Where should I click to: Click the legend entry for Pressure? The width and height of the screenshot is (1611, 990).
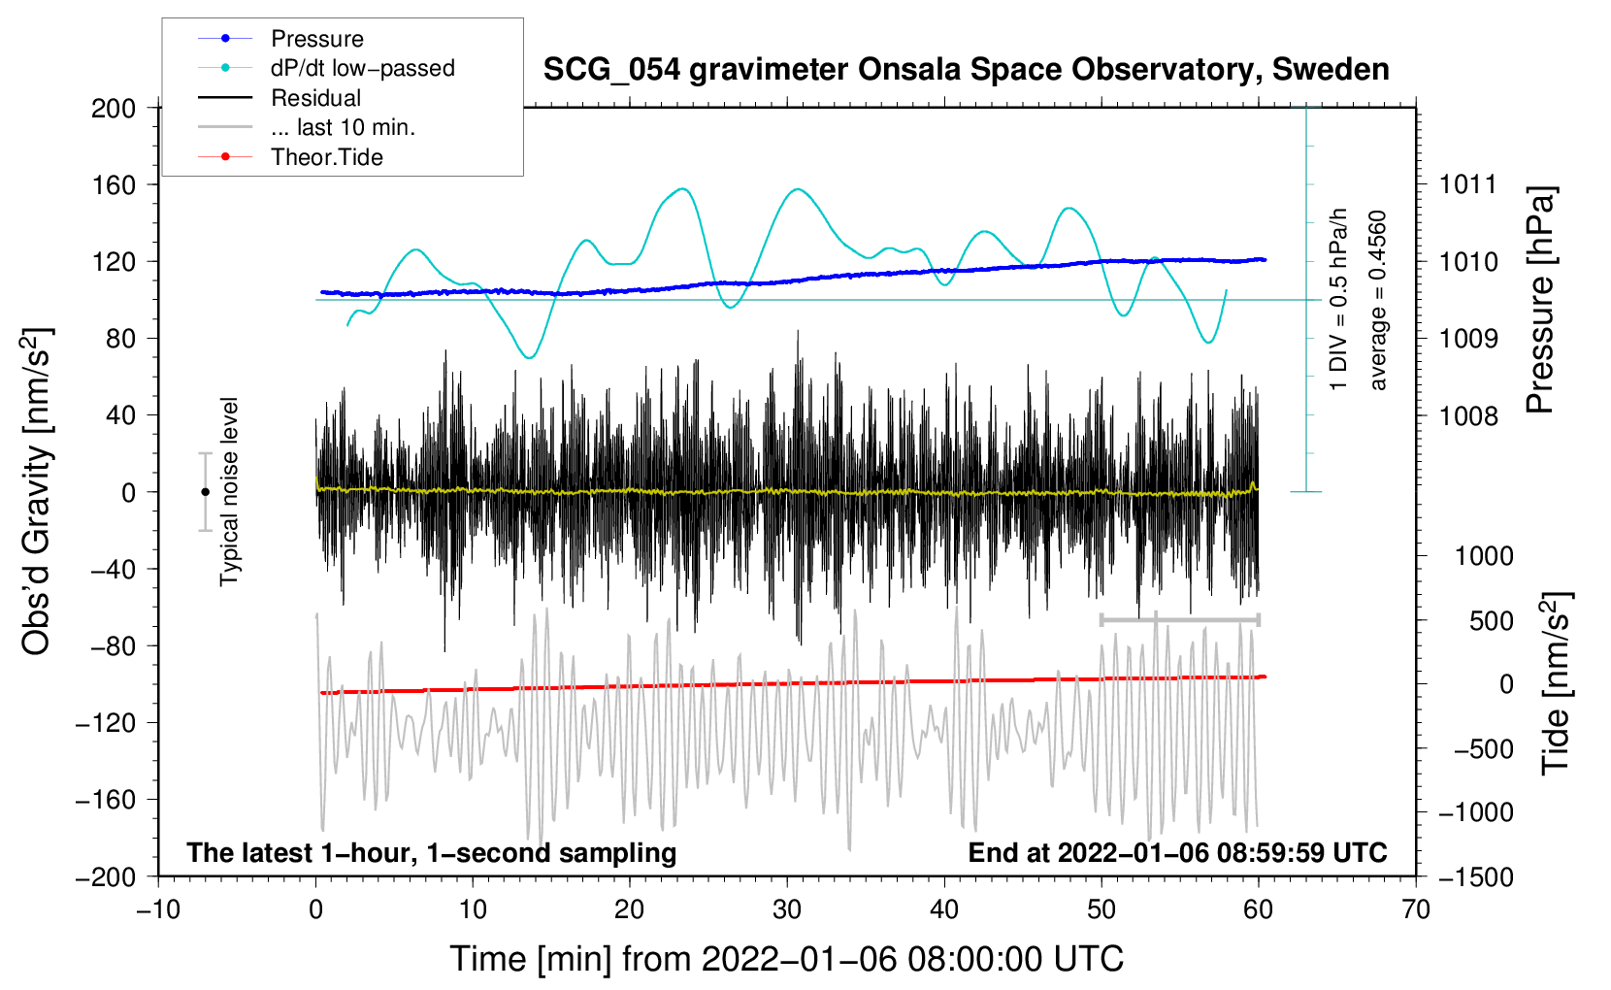click(x=316, y=39)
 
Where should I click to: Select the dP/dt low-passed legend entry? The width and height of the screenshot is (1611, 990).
click(x=362, y=68)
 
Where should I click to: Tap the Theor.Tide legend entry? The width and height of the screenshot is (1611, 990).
click(x=326, y=157)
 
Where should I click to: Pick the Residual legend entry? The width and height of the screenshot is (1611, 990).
click(x=315, y=98)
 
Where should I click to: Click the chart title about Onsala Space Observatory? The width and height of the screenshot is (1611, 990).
click(x=966, y=70)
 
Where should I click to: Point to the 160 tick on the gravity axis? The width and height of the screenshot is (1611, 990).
click(x=114, y=184)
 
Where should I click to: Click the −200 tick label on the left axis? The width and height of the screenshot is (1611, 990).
click(x=106, y=876)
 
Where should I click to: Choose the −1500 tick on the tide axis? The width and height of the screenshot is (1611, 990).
click(x=1475, y=876)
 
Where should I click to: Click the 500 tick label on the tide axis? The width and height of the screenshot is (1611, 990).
click(x=1492, y=621)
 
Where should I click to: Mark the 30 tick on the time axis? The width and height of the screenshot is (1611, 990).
click(x=787, y=909)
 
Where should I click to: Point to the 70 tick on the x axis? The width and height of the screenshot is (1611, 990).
click(x=1416, y=909)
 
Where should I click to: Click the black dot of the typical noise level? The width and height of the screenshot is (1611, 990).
click(x=205, y=492)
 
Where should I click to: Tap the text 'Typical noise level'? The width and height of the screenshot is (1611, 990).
click(x=229, y=491)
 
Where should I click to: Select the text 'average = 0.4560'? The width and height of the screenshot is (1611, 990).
click(x=1378, y=300)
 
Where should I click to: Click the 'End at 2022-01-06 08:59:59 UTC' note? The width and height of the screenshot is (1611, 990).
click(x=1177, y=853)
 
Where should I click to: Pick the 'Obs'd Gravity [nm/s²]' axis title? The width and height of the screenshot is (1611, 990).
click(x=37, y=491)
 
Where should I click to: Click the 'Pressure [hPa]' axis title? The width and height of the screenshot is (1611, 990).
click(x=1541, y=300)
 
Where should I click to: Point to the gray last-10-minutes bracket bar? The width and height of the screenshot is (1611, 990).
click(x=1179, y=619)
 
